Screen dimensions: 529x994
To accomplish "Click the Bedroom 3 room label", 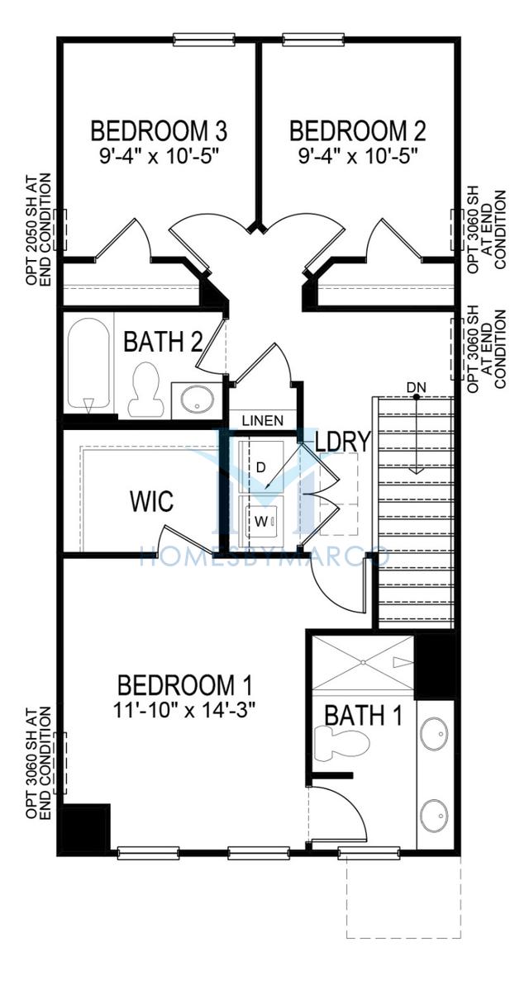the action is (159, 131).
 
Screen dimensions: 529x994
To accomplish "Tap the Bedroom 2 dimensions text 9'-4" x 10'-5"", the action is (358, 156).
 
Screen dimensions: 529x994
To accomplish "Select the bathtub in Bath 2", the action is (88, 363).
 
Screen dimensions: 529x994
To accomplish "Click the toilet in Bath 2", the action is (145, 389).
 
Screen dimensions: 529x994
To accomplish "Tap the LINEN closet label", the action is (263, 420).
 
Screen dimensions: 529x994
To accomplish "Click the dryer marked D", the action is (261, 466).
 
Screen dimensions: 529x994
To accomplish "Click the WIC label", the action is (151, 501).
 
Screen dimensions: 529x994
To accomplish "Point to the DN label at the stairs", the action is (416, 387).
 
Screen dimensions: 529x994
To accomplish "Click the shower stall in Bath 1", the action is (363, 663).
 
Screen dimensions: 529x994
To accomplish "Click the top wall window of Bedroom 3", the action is (204, 40).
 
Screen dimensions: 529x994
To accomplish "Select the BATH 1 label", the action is (364, 716).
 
